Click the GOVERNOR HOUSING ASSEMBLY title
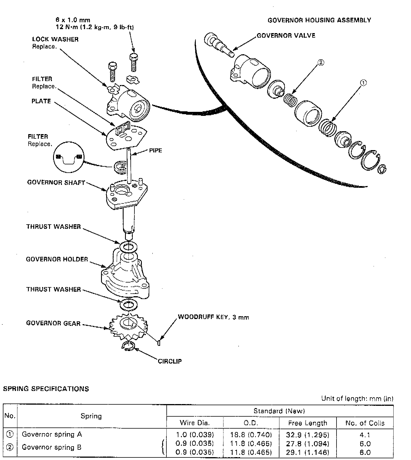coord(319,20)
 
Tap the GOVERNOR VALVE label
coord(286,36)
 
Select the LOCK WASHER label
coord(55,39)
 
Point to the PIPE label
coord(156,150)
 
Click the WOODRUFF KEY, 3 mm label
coord(213,317)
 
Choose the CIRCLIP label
coord(170,361)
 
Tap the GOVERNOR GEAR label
coord(53,323)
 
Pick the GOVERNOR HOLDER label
coord(57,259)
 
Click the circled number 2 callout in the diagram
coord(321,62)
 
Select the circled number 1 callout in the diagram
coord(363,83)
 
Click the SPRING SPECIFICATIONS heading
coord(46,389)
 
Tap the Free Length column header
coord(308,423)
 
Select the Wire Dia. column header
coord(195,423)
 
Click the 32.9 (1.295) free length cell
coord(308,435)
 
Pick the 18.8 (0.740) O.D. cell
coord(251,435)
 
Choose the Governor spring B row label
coord(52,447)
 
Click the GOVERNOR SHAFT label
coord(56,182)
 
